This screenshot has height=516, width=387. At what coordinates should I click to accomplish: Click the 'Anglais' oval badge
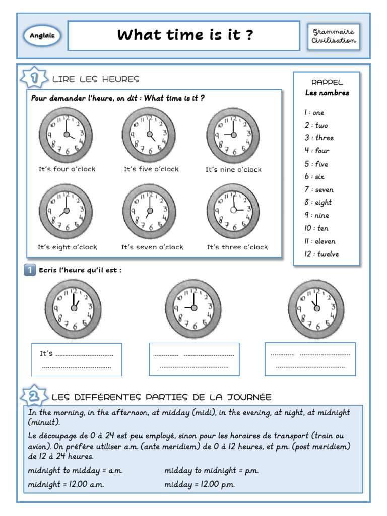coord(42,36)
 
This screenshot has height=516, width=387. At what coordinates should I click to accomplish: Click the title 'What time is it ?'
coord(184,35)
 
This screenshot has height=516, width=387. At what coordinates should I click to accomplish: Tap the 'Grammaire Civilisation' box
coord(334,36)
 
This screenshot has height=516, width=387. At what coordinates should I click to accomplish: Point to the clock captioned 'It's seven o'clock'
coord(149,211)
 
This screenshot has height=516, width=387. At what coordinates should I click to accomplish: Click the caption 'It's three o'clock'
coord(237,247)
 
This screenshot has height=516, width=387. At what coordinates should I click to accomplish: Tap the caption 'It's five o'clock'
coord(151,169)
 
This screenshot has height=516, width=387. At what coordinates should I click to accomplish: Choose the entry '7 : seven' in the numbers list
coord(318,189)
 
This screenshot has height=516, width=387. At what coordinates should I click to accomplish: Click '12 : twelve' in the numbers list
coord(321,254)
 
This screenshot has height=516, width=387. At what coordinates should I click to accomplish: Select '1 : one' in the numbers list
coord(314,112)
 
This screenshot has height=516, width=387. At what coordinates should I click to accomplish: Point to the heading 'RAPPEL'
coord(327,82)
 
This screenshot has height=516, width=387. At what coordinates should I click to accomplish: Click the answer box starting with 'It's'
coord(77,359)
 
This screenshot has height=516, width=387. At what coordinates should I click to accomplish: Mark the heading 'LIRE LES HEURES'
coord(95,79)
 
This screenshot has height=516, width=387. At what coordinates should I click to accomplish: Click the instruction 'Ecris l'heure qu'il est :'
coord(80,270)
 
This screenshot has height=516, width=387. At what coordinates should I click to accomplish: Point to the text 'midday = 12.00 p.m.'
coord(200,484)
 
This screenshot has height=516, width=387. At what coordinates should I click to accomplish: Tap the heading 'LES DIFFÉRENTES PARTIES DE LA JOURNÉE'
coord(162,397)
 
